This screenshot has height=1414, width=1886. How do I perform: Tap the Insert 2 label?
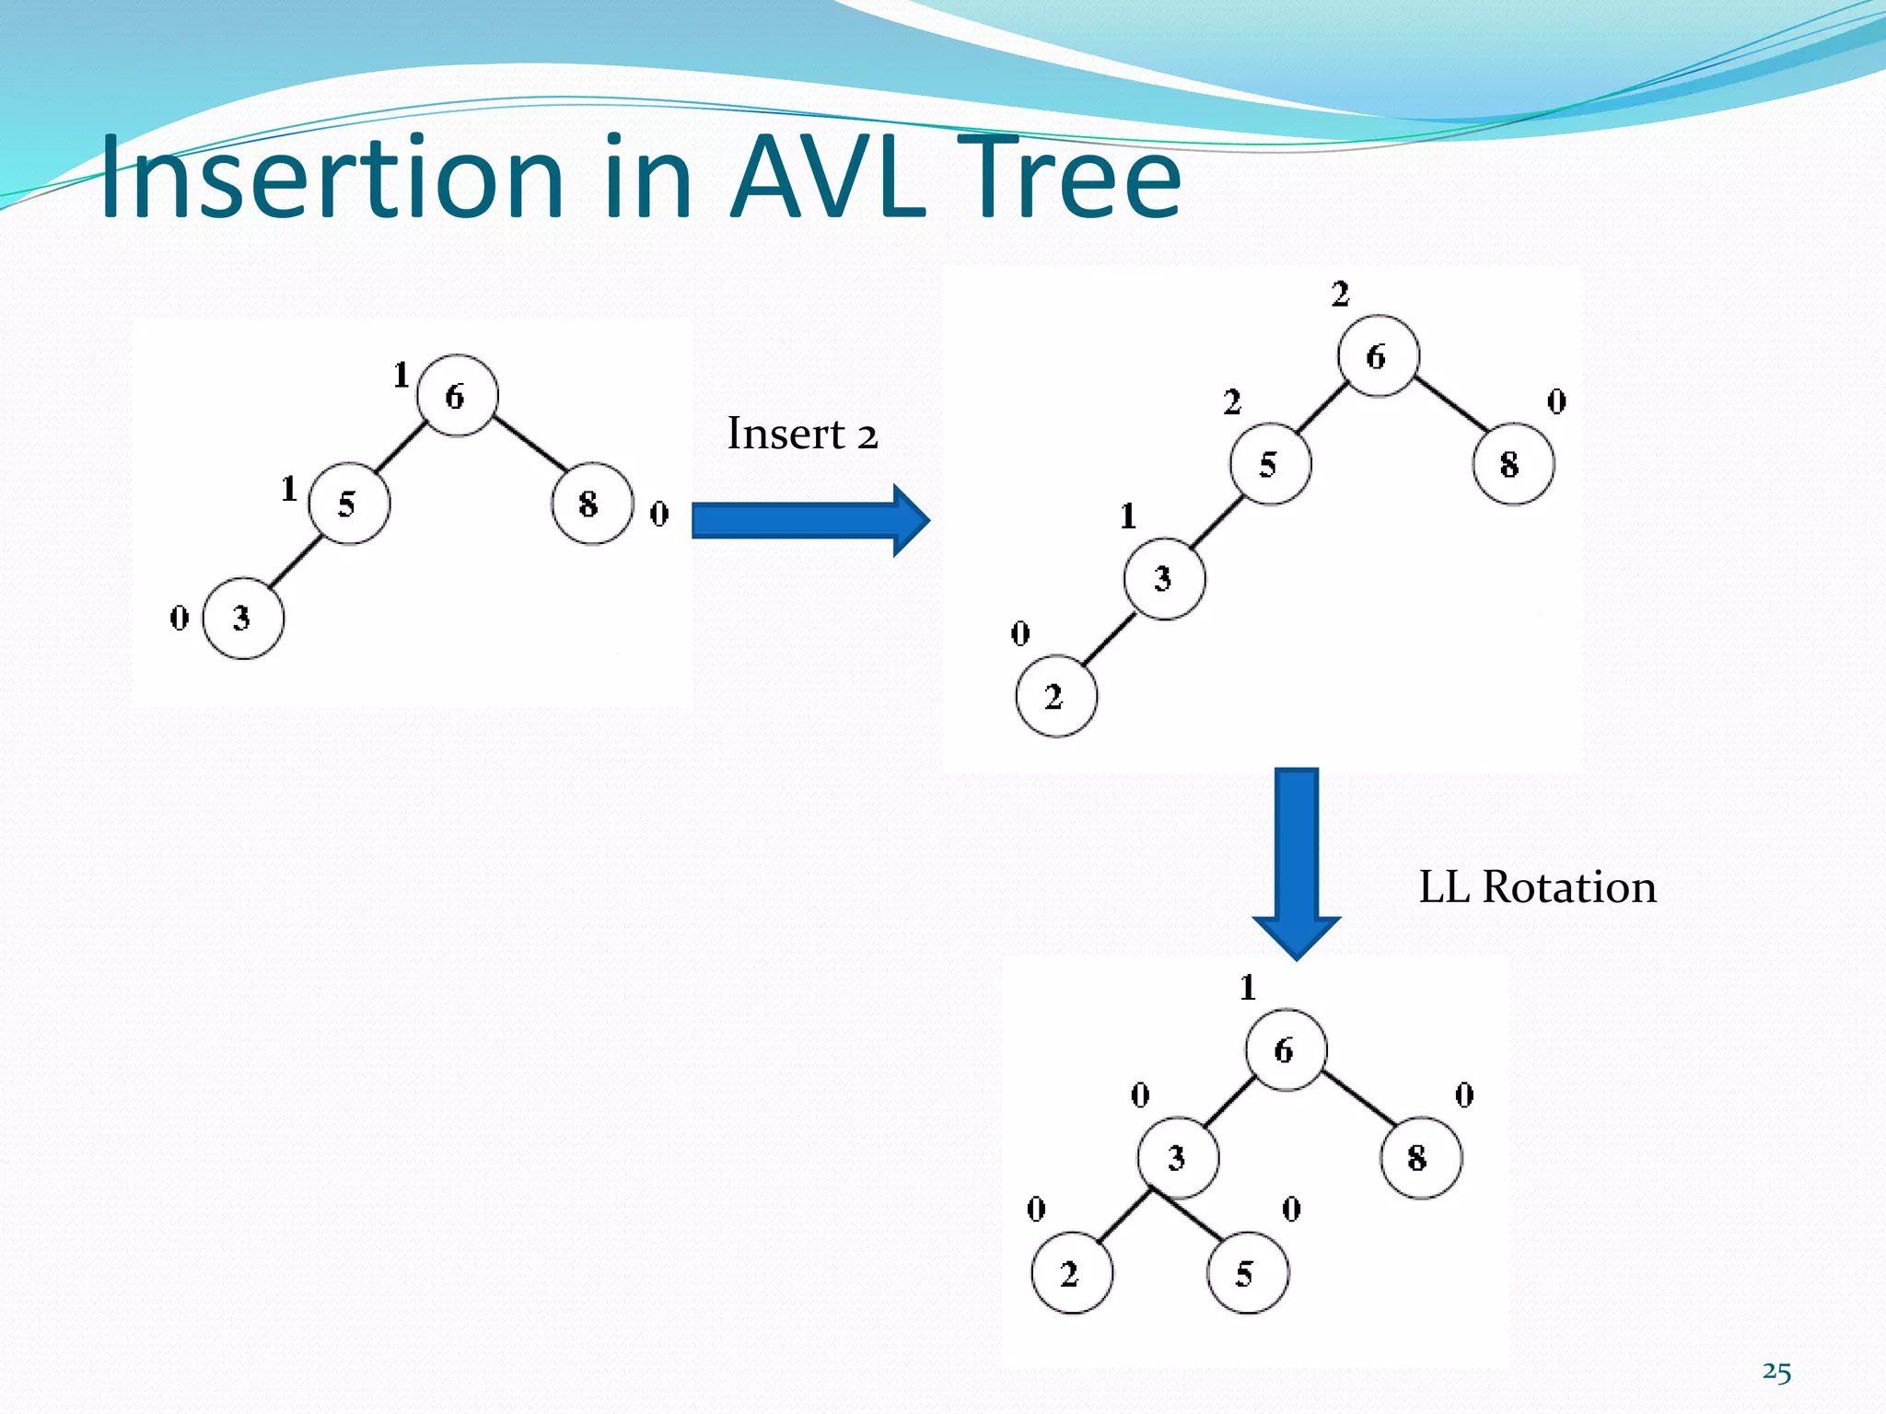[x=802, y=434]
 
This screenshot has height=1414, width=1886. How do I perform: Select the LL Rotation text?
[x=1537, y=887]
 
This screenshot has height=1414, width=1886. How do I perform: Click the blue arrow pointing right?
[x=810, y=520]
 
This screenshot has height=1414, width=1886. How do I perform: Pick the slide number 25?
[x=1776, y=1372]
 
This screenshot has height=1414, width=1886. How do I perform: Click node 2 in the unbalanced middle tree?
[x=1056, y=697]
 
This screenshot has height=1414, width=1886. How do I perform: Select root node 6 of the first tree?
[x=457, y=396]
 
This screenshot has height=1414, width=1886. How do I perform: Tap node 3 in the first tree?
[x=243, y=618]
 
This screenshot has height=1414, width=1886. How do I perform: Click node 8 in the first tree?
[x=591, y=504]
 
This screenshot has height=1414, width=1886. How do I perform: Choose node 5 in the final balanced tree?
[x=1247, y=1273]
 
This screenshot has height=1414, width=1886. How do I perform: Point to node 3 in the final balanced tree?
[x=1178, y=1157]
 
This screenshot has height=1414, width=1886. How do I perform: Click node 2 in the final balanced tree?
[x=1071, y=1273]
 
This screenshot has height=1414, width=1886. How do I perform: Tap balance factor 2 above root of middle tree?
[x=1340, y=295]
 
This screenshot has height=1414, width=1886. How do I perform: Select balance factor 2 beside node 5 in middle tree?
[x=1232, y=402]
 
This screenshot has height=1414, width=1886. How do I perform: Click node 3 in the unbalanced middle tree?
[x=1164, y=578]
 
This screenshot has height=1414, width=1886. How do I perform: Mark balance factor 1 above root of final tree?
[x=1248, y=988]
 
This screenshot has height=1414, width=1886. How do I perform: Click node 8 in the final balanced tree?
[x=1420, y=1157]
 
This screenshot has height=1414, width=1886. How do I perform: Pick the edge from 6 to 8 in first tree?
[x=530, y=444]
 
